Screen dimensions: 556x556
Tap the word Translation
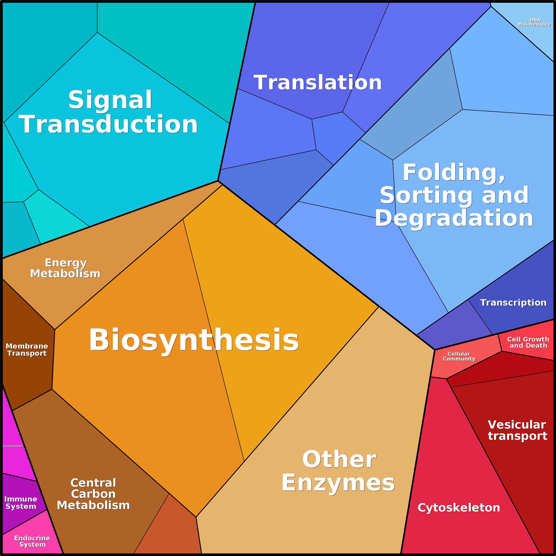click(x=317, y=83)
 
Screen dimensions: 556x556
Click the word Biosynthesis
click(x=194, y=340)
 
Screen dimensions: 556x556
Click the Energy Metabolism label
click(x=65, y=268)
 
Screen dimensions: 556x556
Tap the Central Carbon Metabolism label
click(x=93, y=494)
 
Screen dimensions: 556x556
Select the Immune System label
click(x=21, y=502)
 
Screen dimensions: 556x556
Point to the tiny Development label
click(x=12, y=446)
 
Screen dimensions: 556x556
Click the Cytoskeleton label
click(x=459, y=508)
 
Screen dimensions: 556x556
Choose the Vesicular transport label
click(x=517, y=430)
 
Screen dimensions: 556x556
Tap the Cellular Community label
click(x=459, y=356)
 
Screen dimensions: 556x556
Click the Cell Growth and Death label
click(x=528, y=342)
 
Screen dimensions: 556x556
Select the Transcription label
click(x=513, y=303)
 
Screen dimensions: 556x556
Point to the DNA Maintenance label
click(x=534, y=22)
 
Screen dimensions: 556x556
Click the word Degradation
click(x=454, y=218)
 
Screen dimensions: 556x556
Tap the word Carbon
click(x=93, y=494)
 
